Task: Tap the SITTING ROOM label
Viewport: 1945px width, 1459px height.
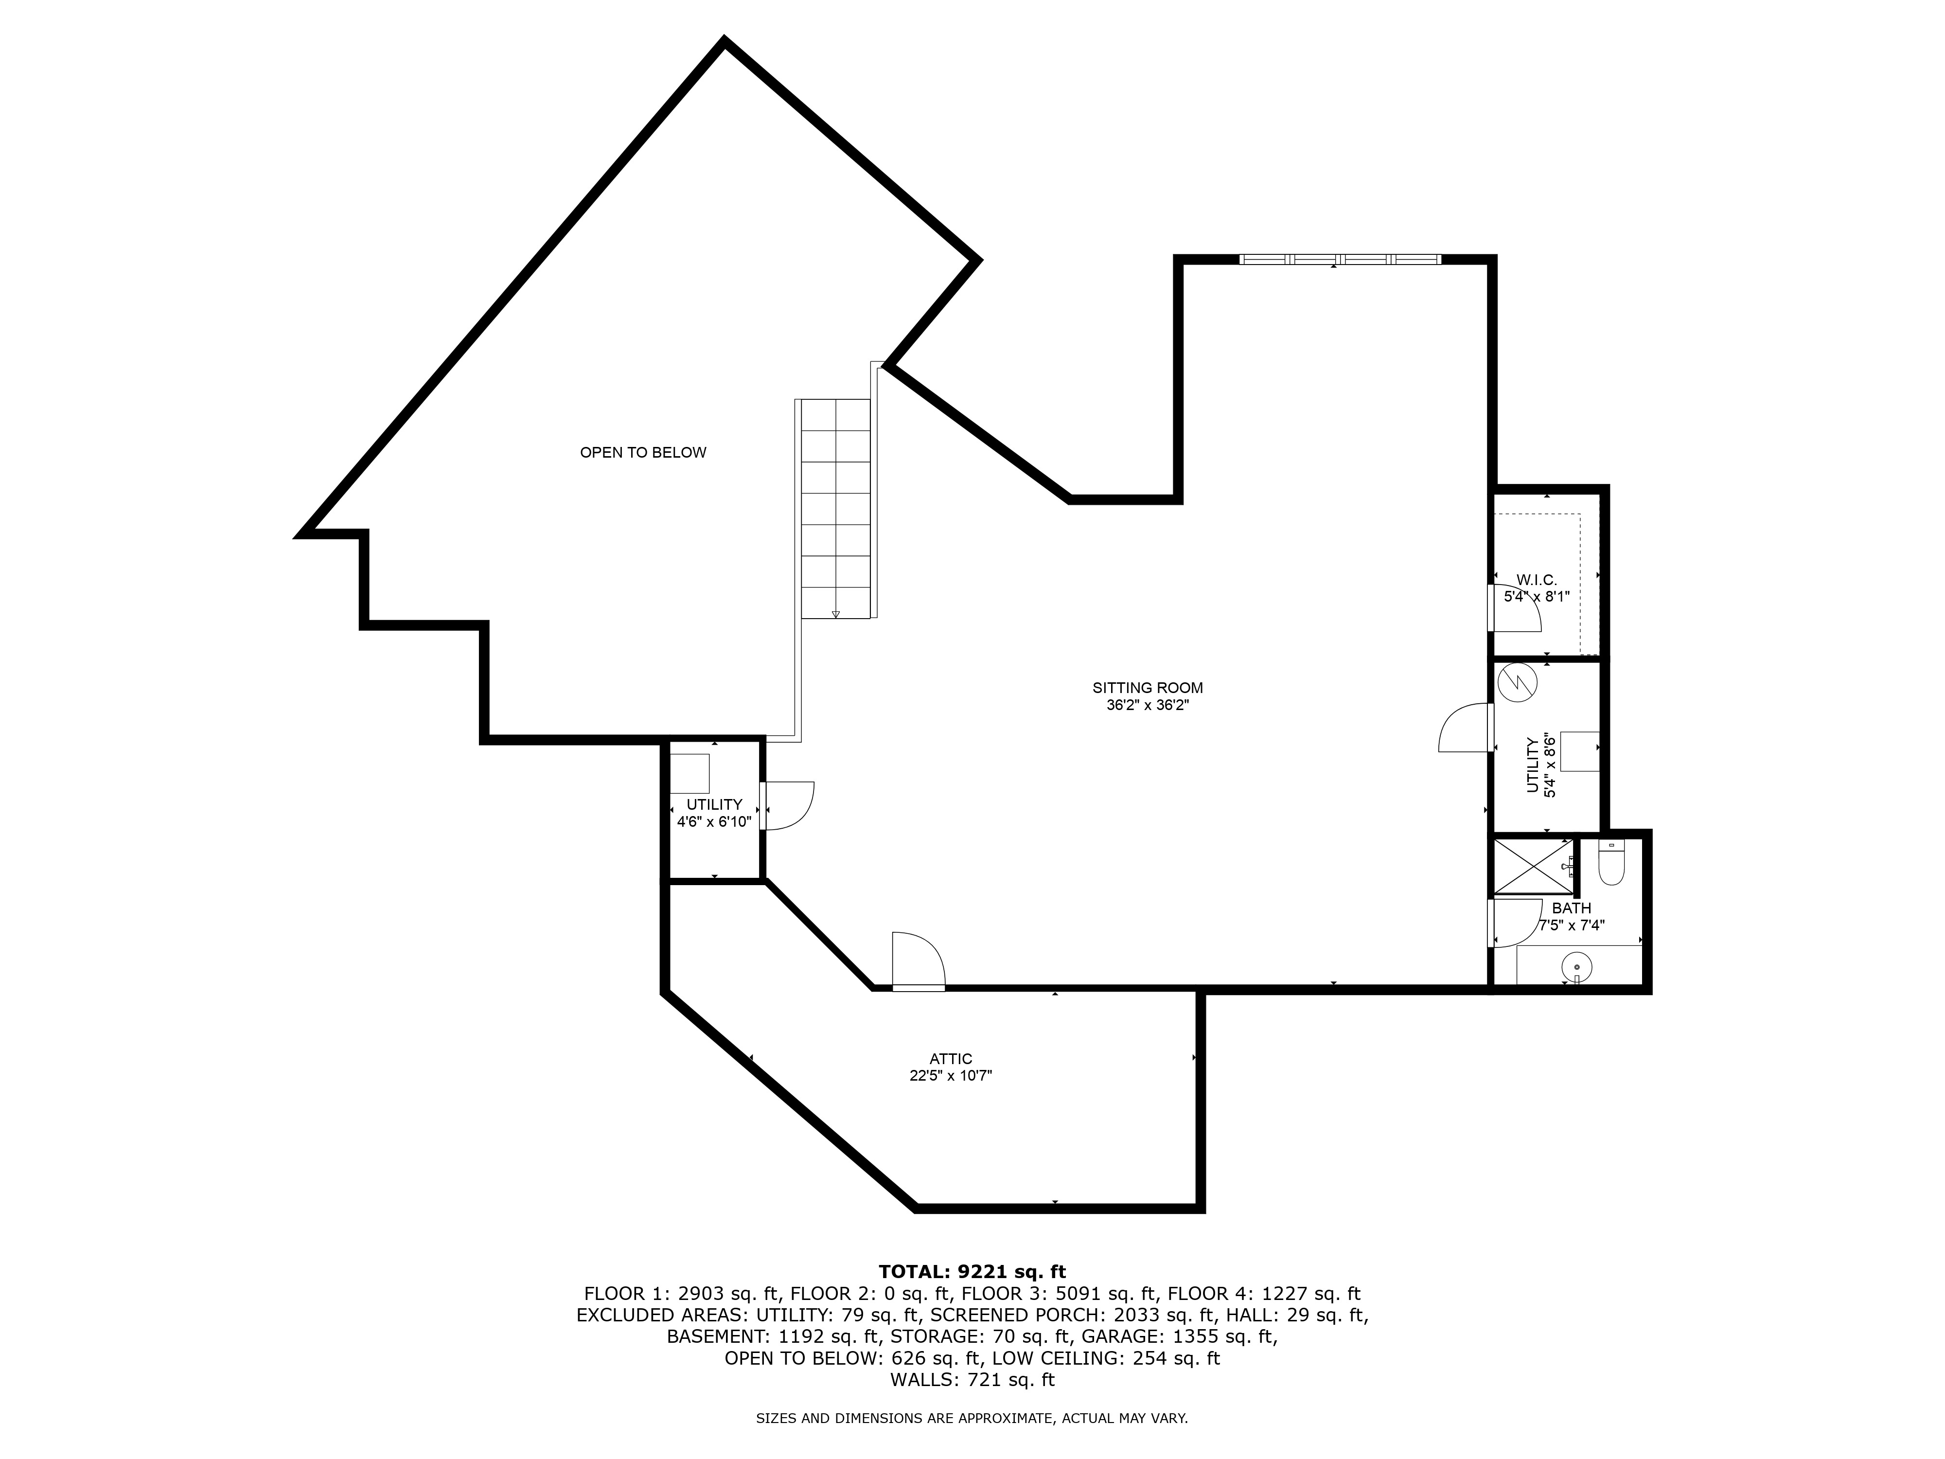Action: (1148, 688)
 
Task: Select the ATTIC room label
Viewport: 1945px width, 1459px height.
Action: (951, 1059)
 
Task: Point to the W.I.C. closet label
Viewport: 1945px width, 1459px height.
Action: (1536, 580)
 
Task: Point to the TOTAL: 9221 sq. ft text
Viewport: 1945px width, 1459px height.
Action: (972, 1272)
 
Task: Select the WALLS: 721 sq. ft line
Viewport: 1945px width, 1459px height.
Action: (972, 1380)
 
